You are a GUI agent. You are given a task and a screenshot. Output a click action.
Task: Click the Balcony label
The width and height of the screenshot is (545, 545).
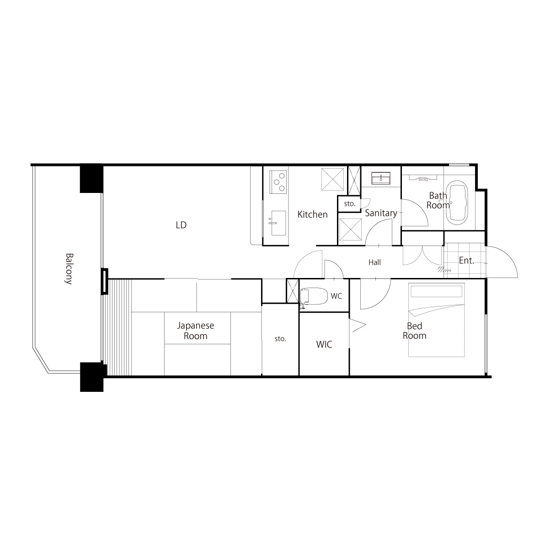(69, 269)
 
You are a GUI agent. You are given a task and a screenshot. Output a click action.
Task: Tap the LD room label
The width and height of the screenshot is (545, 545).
(181, 225)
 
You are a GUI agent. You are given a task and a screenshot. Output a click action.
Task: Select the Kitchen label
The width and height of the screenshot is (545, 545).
(312, 214)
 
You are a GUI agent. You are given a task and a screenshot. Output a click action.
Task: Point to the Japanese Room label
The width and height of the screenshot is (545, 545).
(195, 331)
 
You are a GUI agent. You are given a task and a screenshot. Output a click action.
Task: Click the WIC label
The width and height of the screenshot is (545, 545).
(324, 344)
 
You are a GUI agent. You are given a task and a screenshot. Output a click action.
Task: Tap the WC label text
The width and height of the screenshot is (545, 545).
(337, 296)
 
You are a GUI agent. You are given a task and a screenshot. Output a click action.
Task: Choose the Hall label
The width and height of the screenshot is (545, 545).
(375, 262)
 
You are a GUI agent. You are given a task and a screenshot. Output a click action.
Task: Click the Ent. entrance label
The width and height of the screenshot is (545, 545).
(466, 260)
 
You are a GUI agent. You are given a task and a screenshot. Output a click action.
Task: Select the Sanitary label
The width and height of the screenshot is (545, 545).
(381, 213)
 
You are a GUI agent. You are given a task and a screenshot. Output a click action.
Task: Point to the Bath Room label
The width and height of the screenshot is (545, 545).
(438, 201)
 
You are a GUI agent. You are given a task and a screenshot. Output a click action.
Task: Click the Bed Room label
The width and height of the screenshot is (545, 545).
(414, 331)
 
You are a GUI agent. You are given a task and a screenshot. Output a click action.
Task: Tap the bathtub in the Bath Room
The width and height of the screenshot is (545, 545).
(457, 201)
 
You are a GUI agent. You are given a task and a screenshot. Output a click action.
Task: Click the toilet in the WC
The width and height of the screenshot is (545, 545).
(314, 296)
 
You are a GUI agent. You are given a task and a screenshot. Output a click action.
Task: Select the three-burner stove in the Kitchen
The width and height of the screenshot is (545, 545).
(278, 182)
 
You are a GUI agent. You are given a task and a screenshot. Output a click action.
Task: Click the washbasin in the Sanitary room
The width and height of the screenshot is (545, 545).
(382, 178)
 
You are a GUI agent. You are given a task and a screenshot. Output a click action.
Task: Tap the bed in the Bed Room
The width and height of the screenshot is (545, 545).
(437, 320)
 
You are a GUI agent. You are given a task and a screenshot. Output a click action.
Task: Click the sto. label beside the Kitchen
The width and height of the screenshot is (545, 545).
(350, 203)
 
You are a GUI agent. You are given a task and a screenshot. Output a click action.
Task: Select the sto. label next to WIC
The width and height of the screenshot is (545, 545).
(280, 338)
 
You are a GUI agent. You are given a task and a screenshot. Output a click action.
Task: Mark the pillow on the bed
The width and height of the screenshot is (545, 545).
(437, 292)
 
